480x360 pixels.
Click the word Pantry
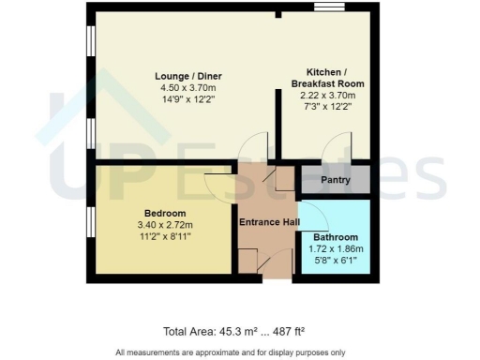pyautogui.click(x=335, y=178)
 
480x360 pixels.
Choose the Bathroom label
pyautogui.click(x=334, y=237)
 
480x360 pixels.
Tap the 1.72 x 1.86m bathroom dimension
pyautogui.click(x=334, y=249)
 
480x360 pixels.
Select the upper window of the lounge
pyautogui.click(x=91, y=42)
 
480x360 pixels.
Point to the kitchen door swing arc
pyautogui.click(x=330, y=145)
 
